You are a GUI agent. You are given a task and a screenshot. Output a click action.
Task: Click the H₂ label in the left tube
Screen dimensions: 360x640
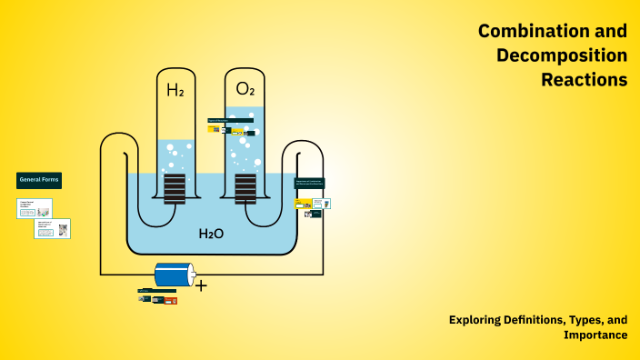point(175,89)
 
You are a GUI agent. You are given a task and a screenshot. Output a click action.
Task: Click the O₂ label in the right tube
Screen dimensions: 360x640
point(245,89)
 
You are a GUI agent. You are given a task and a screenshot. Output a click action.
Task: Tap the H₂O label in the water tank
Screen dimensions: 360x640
point(211,235)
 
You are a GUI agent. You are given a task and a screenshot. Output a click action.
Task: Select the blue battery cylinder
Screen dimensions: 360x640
point(174,274)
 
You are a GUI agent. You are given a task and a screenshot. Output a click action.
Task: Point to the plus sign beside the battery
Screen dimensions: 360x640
point(201,285)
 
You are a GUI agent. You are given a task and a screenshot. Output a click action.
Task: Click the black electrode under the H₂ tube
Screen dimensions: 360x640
point(175,188)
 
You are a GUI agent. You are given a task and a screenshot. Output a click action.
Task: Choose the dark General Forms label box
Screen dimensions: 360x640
point(39,180)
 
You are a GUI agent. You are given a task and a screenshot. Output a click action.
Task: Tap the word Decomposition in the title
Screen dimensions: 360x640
point(562,55)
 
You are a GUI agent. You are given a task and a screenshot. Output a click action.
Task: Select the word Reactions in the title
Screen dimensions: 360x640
point(584,80)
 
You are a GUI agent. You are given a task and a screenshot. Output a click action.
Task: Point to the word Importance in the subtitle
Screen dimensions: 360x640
point(595,335)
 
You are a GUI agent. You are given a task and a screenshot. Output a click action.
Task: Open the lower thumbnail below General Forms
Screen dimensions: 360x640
point(52,228)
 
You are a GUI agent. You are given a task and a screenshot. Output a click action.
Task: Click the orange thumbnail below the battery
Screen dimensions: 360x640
point(170,300)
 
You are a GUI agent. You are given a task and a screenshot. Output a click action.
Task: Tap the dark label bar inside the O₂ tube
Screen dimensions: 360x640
point(230,120)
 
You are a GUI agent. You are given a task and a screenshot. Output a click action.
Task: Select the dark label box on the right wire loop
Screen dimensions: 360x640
point(310,183)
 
